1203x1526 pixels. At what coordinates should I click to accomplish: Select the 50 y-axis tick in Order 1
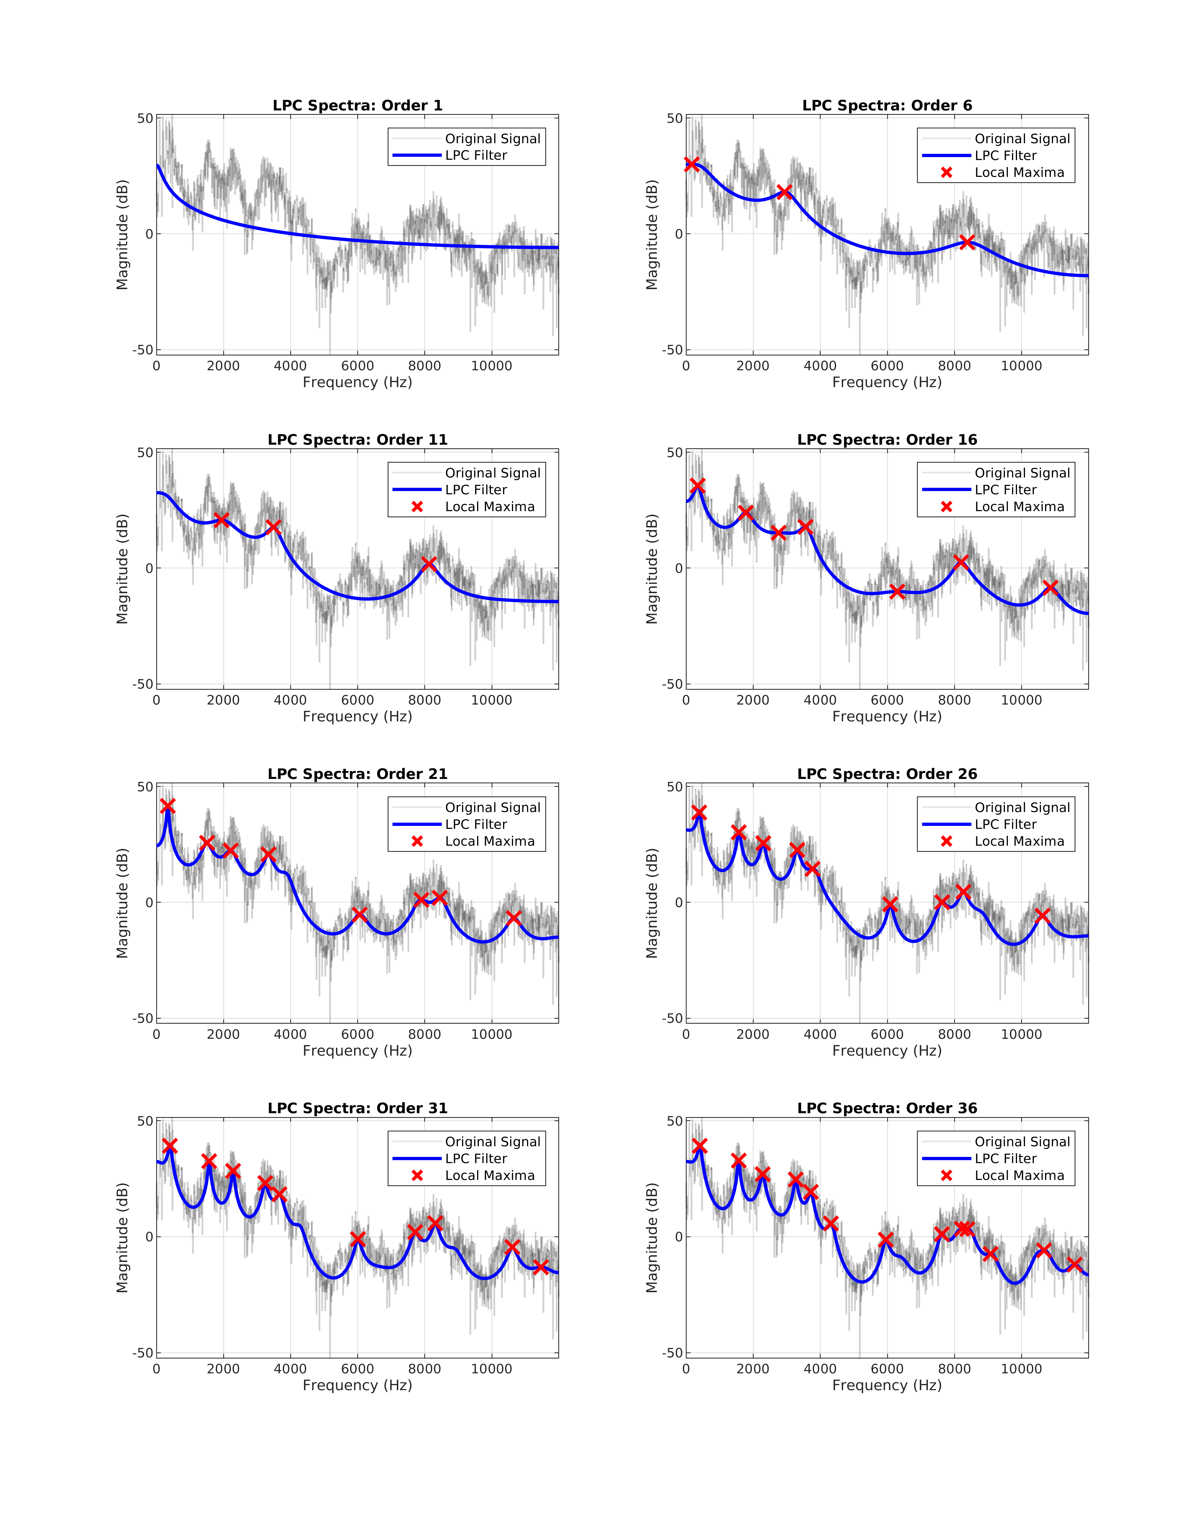coord(145,118)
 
